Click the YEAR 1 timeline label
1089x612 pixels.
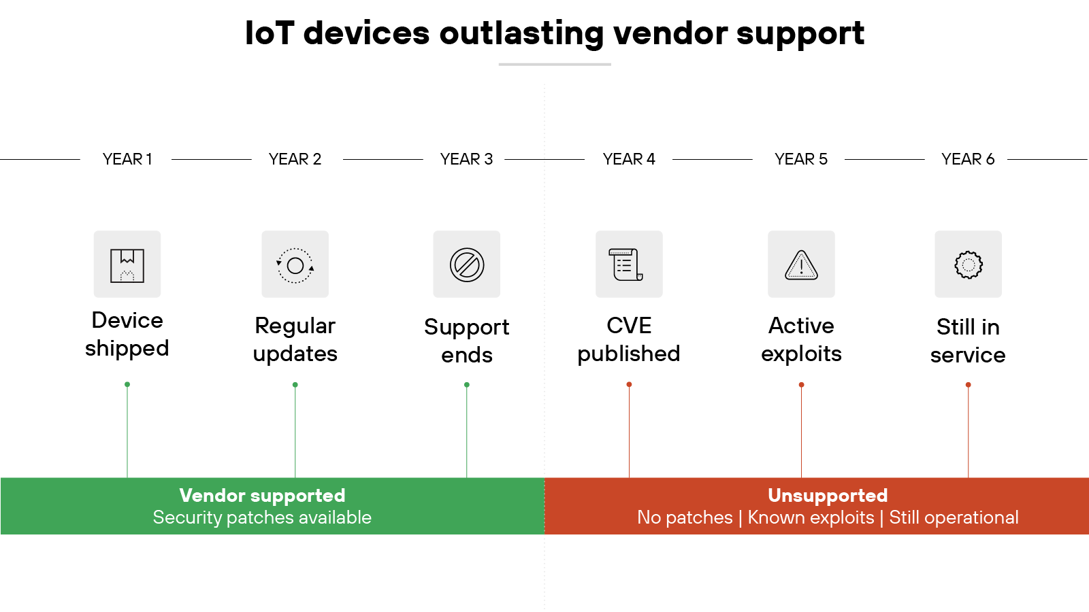tap(127, 159)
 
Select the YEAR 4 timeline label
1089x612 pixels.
tap(629, 159)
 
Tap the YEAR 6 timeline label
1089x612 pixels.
tap(968, 159)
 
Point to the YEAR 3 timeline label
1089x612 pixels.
tap(466, 159)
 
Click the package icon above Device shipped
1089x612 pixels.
tap(127, 265)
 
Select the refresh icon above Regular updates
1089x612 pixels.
tap(295, 265)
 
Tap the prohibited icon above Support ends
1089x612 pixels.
tap(467, 265)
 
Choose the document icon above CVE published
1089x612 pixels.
tap(629, 265)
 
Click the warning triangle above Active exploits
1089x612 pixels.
tap(802, 265)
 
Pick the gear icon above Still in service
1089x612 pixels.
tap(968, 265)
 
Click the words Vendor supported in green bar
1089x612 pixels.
tap(262, 495)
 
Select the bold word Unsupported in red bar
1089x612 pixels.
tap(828, 495)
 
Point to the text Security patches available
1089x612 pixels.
tap(262, 517)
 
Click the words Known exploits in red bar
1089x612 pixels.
tap(811, 517)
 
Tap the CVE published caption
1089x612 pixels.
tap(629, 339)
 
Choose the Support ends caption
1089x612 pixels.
tap(467, 341)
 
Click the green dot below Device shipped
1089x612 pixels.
tap(127, 385)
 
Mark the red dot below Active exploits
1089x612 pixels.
tap(802, 385)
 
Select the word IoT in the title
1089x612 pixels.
tap(270, 33)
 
